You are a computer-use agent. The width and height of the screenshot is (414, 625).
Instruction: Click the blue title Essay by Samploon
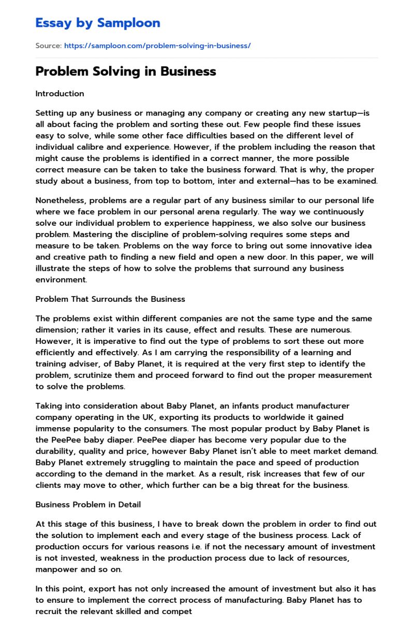point(98,23)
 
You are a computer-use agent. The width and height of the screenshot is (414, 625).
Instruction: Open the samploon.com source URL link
point(157,46)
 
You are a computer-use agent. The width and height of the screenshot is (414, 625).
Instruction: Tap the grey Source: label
point(49,46)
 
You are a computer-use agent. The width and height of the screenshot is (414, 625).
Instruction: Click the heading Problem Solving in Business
point(126,71)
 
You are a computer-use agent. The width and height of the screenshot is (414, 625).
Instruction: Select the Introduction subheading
point(60,94)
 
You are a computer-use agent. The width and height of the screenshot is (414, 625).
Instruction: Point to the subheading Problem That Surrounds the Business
point(110,299)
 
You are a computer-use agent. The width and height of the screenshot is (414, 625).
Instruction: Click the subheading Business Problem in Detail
point(88,504)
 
